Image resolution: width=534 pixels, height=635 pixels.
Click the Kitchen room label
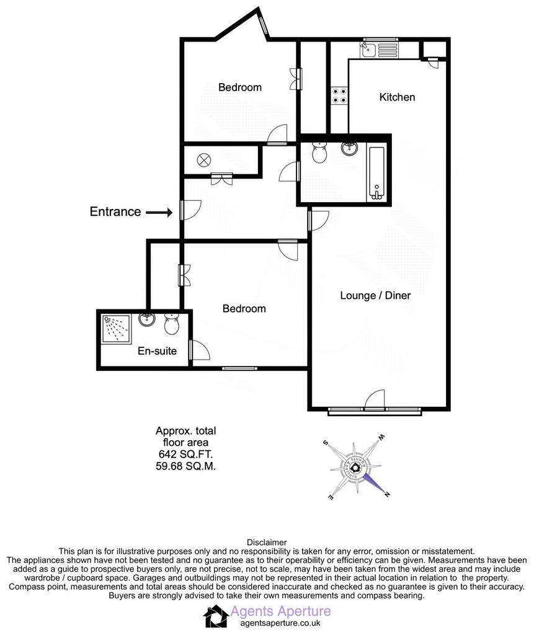397,97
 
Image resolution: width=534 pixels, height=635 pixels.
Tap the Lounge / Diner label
375,296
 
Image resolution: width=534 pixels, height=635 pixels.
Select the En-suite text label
157,351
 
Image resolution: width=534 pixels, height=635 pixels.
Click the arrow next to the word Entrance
159,212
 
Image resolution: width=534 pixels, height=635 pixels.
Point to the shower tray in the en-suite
116,329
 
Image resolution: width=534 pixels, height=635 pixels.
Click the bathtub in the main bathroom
376,174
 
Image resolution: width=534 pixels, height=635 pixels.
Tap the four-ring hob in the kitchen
339,95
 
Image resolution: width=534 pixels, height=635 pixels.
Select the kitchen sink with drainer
379,50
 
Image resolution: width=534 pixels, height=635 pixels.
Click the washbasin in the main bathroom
349,149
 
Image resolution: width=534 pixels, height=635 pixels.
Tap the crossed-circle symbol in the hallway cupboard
204,161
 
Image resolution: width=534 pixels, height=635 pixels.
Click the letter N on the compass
387,494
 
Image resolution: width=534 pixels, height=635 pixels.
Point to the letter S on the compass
325,443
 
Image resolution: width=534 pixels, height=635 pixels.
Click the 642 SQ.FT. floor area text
185,455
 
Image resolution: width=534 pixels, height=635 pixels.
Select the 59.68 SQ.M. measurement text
185,466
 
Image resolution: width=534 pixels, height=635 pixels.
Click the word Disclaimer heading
267,542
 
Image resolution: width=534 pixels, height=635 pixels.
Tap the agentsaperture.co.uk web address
280,623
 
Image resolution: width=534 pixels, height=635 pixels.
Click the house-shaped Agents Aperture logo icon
216,616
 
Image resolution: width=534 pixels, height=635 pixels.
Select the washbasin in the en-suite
146,319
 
